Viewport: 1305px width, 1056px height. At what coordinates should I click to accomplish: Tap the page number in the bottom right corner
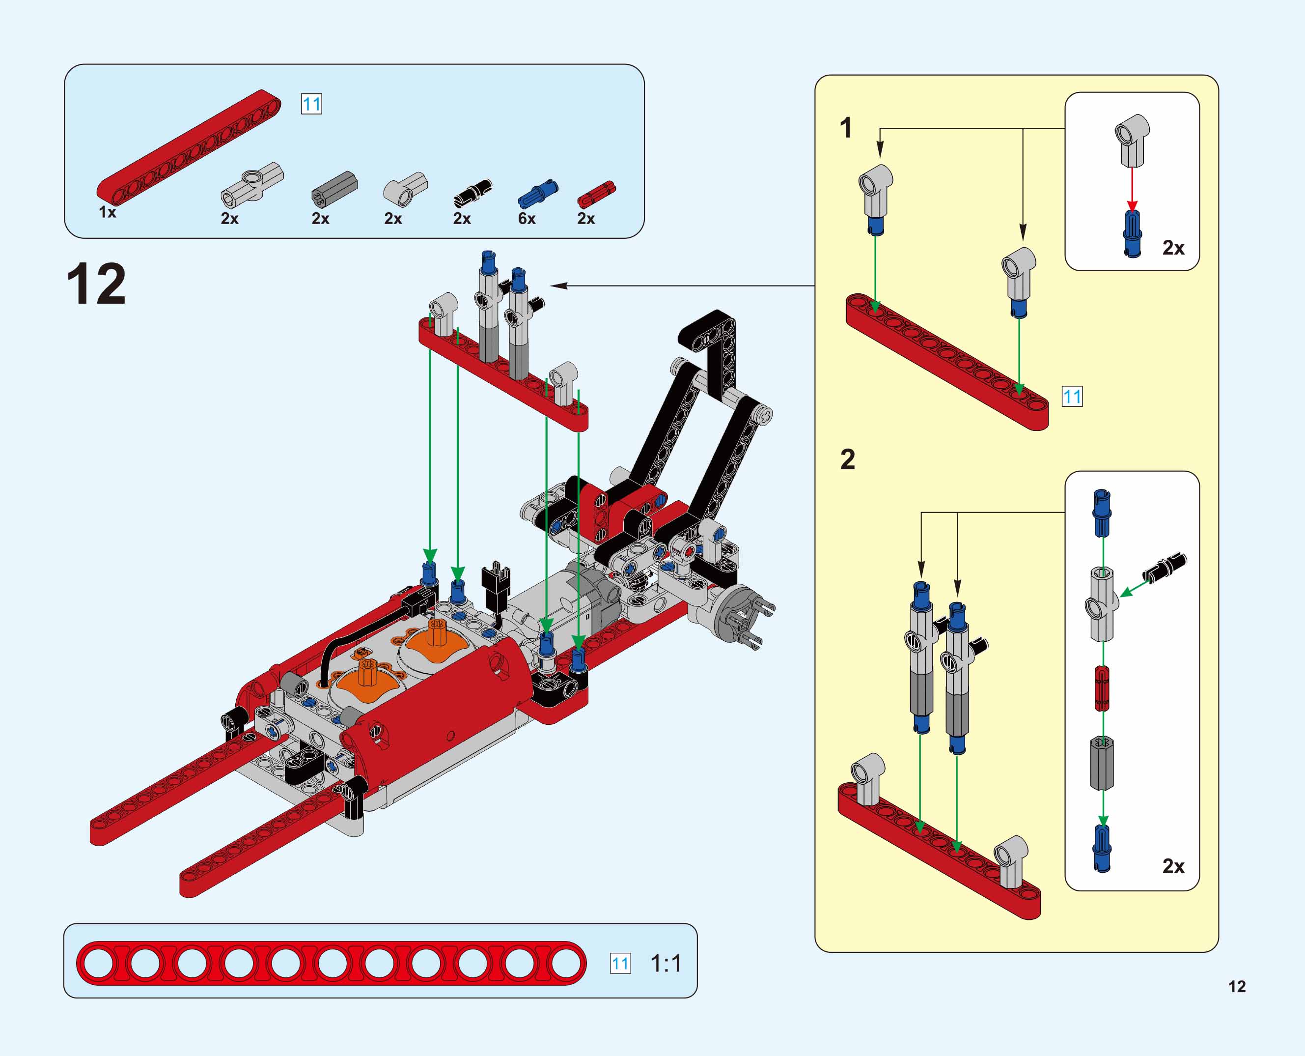(1237, 987)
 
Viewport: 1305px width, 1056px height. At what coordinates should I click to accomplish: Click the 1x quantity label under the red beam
(108, 212)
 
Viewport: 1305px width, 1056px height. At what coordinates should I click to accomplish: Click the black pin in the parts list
(472, 193)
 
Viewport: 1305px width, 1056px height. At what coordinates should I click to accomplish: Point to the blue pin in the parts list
(537, 194)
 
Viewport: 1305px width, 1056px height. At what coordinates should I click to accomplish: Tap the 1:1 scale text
(666, 964)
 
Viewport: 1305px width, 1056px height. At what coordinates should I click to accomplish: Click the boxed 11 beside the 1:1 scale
(620, 964)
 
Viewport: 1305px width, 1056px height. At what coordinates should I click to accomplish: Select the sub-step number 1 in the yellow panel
(845, 128)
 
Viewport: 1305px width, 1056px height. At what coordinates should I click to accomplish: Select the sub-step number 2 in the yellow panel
(848, 459)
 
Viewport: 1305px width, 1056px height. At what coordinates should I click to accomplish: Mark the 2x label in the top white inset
(1173, 248)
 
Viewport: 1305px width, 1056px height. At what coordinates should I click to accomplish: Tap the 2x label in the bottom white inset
(1173, 866)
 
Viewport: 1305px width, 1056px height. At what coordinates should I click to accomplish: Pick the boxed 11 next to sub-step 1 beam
(1072, 397)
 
